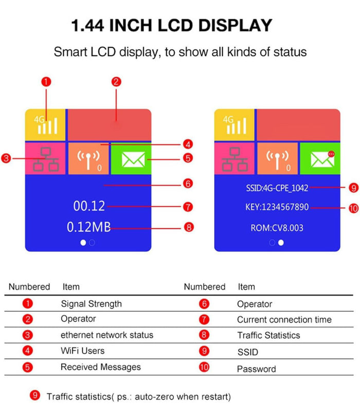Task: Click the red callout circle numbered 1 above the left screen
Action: coord(46,81)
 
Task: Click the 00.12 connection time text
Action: coord(89,206)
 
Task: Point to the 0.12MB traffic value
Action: coord(88,227)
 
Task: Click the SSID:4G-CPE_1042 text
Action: coord(277,188)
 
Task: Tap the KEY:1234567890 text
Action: coord(277,207)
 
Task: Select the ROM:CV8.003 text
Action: coord(277,227)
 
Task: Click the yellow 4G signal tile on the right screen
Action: coord(235,125)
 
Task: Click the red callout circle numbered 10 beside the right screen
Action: coord(353,208)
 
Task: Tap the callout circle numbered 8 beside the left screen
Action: coord(188,227)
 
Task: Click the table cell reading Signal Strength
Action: coord(91,303)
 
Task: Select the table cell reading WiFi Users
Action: coord(82,351)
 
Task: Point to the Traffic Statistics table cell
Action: coord(268,335)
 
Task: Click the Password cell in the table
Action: coord(256,369)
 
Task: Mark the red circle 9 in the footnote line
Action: coord(35,395)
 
